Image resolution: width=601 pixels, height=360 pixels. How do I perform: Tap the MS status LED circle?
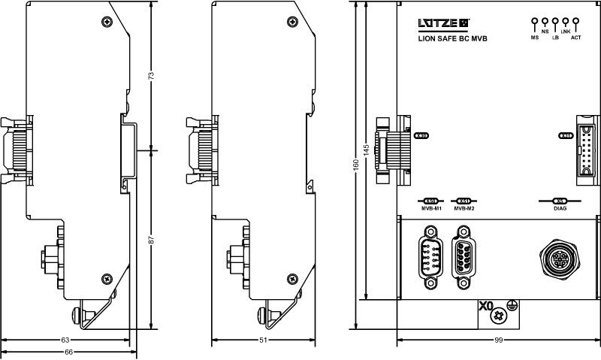pos(535,22)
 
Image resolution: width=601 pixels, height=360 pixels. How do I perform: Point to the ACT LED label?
pos(575,37)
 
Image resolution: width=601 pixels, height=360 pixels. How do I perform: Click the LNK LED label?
pos(566,32)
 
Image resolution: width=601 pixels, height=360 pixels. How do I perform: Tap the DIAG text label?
pos(560,208)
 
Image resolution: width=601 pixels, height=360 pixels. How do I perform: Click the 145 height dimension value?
pos(366,150)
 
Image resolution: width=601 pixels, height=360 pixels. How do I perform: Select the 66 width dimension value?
pos(67,352)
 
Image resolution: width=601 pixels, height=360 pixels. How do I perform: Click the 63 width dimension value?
pos(65,340)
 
